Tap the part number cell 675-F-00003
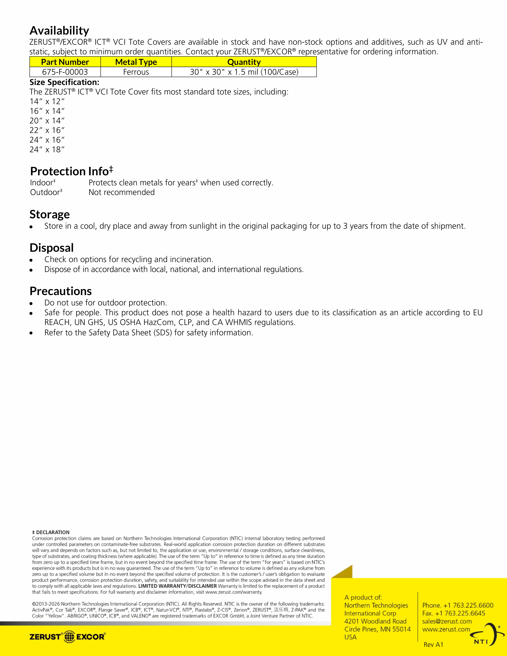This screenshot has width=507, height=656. click(x=65, y=72)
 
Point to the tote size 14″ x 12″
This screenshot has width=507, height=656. click(x=47, y=102)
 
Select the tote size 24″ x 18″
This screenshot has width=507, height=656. click(x=47, y=150)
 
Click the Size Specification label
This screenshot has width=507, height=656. click(x=64, y=82)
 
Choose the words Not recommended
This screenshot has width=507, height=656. click(x=122, y=193)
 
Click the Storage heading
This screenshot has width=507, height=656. click(x=50, y=214)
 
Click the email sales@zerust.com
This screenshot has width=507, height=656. click(x=447, y=621)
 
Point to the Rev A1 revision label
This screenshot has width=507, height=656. click(x=433, y=645)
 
